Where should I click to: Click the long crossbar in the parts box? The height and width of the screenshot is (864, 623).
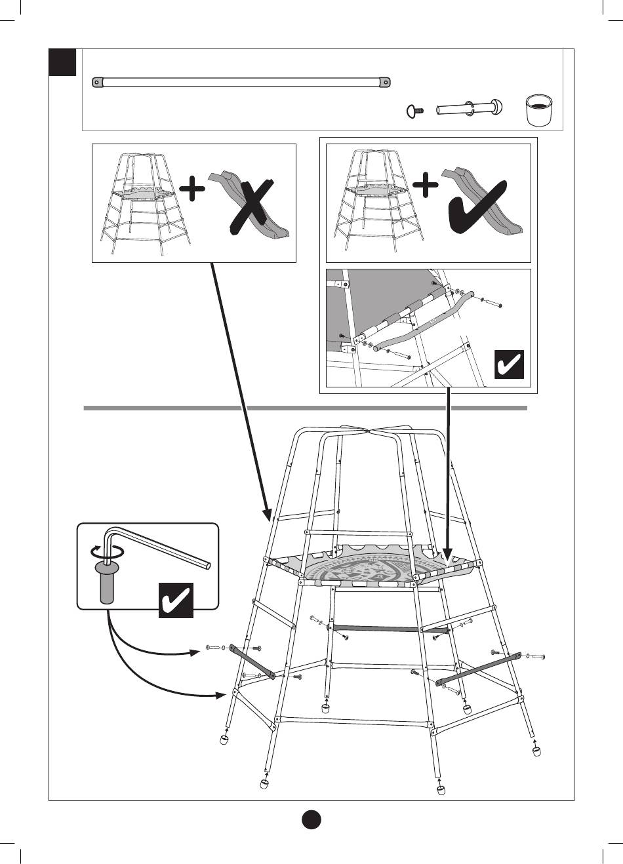(241, 83)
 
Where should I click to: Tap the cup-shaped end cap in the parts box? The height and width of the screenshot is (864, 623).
(540, 109)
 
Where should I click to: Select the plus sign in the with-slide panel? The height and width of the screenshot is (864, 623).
(426, 184)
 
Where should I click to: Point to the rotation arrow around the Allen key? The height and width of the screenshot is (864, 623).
(105, 551)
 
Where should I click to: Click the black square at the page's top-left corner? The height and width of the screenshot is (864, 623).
(64, 62)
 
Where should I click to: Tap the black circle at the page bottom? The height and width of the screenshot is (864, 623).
(311, 820)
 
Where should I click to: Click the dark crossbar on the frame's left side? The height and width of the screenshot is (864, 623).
(252, 663)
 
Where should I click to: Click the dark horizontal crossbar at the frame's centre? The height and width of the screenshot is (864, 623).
(390, 629)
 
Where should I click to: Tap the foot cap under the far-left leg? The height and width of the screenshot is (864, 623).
(225, 740)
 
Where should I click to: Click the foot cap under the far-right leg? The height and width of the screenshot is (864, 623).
(537, 751)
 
